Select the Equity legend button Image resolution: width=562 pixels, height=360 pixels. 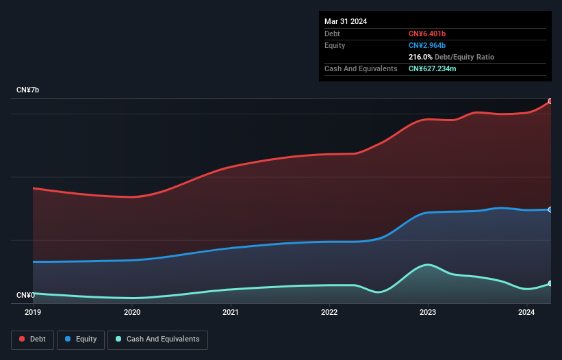(x=81, y=339)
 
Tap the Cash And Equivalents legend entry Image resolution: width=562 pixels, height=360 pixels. (x=157, y=339)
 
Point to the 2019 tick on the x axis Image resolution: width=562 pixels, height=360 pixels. (x=34, y=313)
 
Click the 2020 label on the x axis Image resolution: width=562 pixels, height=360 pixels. (x=132, y=313)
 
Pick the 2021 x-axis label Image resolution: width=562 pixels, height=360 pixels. (x=231, y=313)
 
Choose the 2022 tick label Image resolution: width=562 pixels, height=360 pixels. (x=329, y=313)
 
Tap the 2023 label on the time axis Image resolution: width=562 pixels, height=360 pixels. (x=428, y=313)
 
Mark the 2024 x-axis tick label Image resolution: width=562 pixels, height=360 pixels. (x=526, y=313)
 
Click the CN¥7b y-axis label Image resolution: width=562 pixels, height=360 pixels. (x=28, y=90)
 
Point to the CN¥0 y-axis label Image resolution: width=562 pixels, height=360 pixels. (x=26, y=295)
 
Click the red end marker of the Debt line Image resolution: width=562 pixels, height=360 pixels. (x=550, y=101)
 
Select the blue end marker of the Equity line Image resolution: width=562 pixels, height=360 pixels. (x=550, y=209)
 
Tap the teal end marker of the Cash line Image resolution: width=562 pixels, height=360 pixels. (x=550, y=283)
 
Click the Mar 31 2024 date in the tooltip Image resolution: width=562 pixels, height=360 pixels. (x=346, y=21)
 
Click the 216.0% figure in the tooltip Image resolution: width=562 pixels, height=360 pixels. (x=420, y=57)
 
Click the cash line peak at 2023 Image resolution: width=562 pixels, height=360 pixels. (x=428, y=264)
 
